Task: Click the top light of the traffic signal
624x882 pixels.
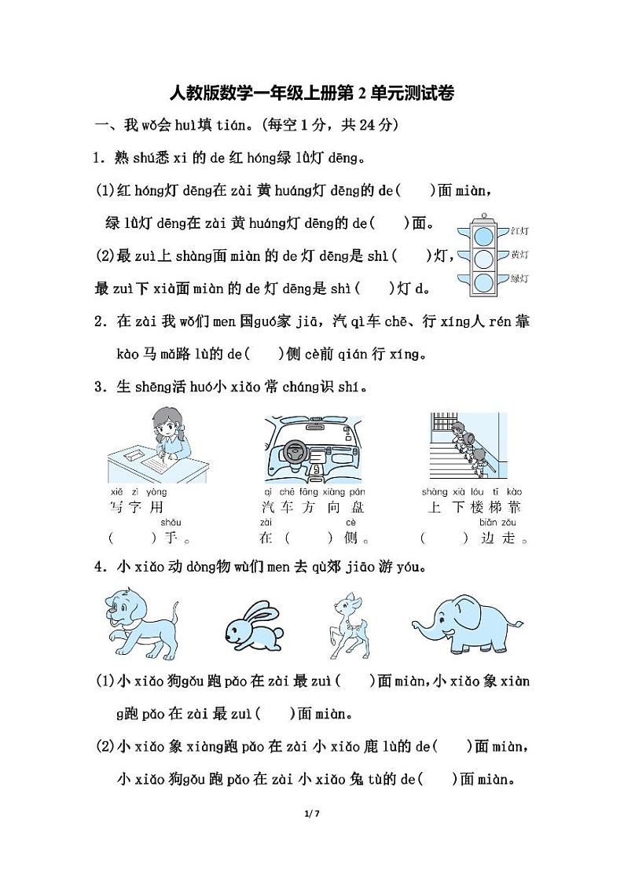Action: (483, 233)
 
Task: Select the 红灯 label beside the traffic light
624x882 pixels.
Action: (519, 231)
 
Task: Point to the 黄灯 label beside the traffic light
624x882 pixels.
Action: (519, 255)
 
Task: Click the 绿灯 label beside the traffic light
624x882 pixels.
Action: (519, 278)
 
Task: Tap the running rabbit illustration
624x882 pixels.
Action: (251, 624)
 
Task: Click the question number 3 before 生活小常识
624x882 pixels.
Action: (99, 388)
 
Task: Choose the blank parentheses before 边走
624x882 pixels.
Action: (444, 538)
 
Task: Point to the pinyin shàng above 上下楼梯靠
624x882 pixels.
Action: (435, 492)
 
